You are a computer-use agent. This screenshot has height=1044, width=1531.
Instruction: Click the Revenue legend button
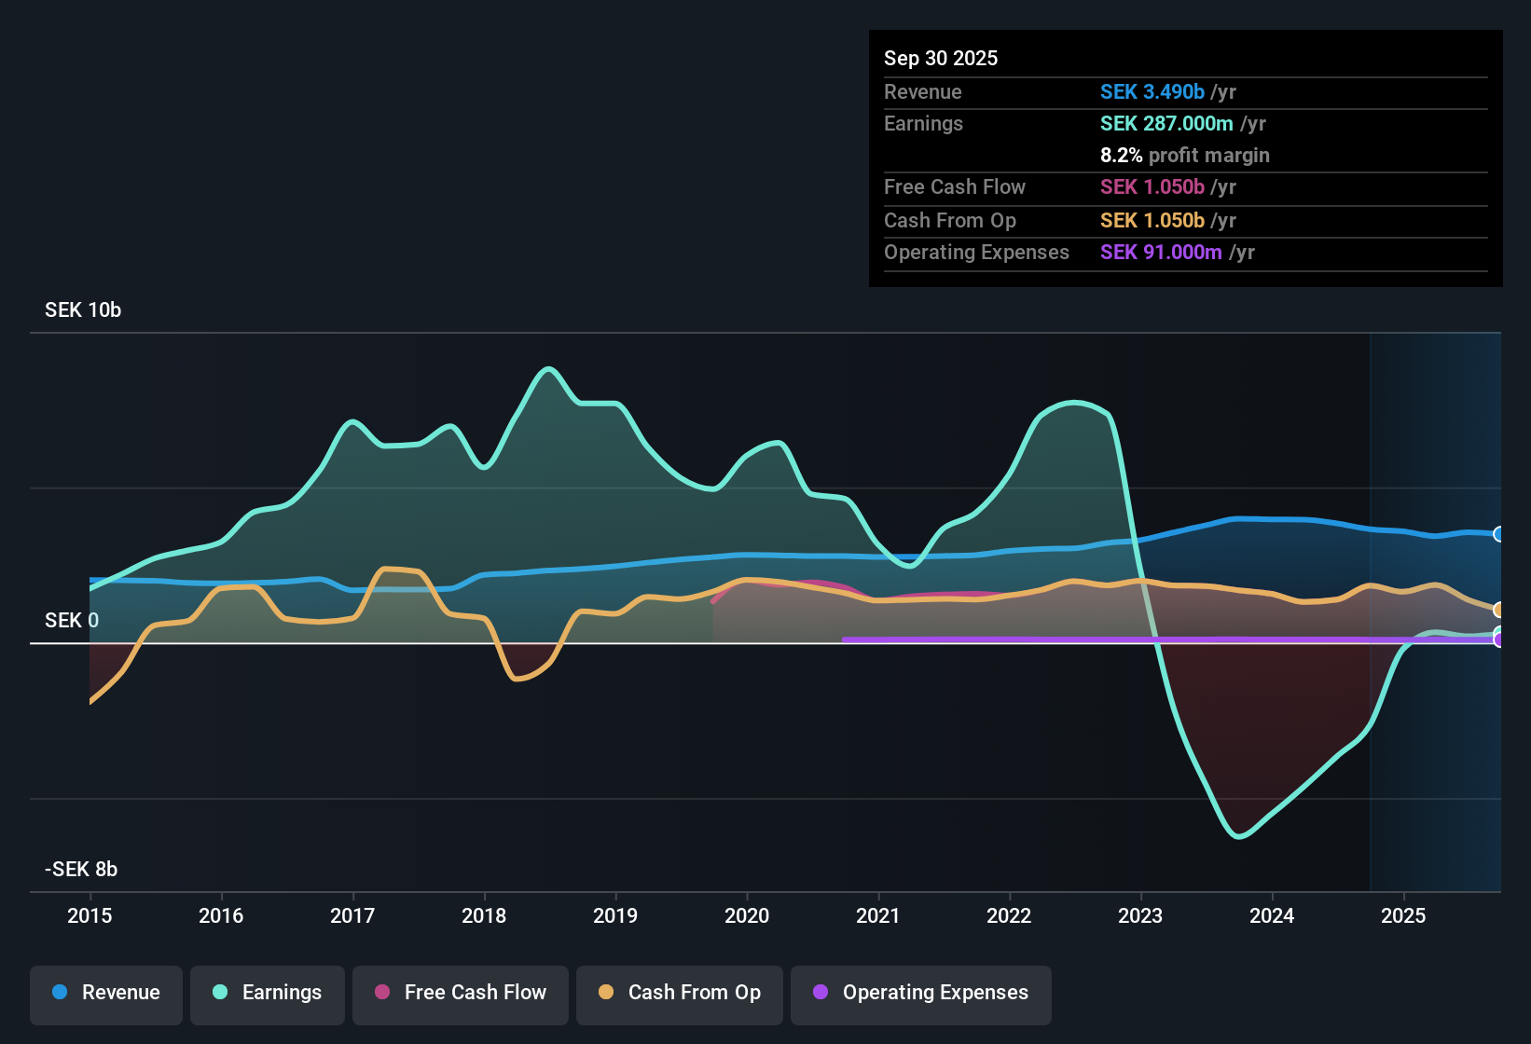tap(106, 993)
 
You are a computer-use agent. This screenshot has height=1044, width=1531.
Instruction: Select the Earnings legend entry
tap(268, 993)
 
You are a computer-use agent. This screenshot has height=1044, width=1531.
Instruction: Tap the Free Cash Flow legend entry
tap(461, 993)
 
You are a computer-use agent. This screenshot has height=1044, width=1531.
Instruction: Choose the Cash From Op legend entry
tap(680, 993)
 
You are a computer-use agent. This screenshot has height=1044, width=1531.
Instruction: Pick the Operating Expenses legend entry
tap(921, 993)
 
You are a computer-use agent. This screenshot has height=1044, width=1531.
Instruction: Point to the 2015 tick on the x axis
tap(90, 915)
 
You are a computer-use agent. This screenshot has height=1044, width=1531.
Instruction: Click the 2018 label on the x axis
tap(484, 915)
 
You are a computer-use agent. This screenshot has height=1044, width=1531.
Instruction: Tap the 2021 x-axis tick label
tap(878, 915)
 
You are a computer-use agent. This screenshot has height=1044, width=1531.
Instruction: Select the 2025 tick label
tap(1403, 915)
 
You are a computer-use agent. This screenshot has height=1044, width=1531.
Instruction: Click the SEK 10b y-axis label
tap(83, 310)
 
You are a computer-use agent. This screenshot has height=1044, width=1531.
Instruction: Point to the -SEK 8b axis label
tap(81, 870)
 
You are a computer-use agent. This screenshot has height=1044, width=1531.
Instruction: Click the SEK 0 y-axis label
tap(72, 621)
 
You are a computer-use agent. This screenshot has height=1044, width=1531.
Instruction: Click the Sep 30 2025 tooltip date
tap(941, 59)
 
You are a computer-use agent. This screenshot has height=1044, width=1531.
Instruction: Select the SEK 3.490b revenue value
tap(1152, 92)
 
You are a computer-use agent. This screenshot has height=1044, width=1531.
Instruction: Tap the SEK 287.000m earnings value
tap(1166, 124)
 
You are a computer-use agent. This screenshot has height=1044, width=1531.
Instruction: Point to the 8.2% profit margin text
tap(1184, 156)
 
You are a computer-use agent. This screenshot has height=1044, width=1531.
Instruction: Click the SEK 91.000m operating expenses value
tap(1161, 253)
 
